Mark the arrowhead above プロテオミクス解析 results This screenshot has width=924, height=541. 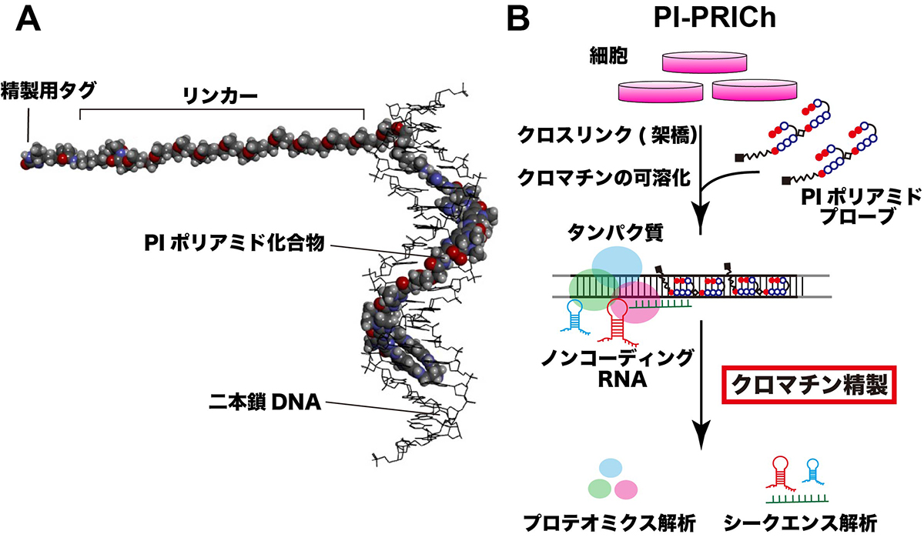(701, 440)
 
